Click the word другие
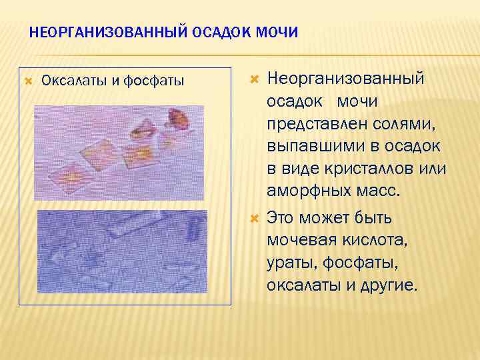389,285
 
